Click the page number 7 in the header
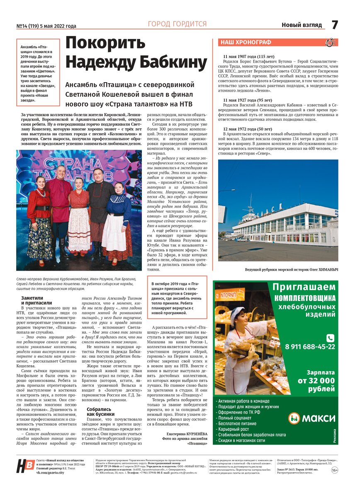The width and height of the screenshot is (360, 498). tap(335, 25)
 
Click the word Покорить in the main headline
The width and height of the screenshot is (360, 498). tap(105, 43)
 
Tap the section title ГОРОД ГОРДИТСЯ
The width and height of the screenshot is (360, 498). tap(177, 24)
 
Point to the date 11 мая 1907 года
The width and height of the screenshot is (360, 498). tap(248, 56)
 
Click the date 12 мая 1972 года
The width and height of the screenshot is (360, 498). tap(248, 129)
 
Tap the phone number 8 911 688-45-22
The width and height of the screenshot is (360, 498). tap(310, 347)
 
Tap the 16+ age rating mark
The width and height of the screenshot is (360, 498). tap(335, 470)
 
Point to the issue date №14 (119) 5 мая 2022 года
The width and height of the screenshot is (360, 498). tap(46, 26)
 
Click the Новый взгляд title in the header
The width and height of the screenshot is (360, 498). tap(302, 25)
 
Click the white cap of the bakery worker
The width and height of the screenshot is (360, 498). tap(238, 311)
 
